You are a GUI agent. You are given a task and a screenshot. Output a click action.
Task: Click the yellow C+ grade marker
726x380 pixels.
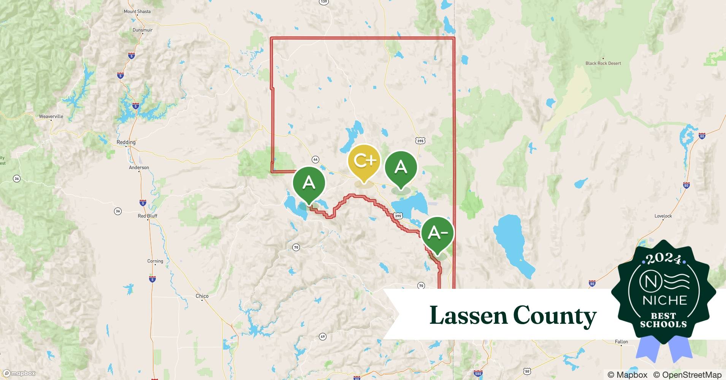coord(364,161)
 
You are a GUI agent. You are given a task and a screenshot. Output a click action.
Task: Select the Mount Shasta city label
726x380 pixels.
coord(137,11)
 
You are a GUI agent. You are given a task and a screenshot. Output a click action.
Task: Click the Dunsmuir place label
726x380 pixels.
coord(143,30)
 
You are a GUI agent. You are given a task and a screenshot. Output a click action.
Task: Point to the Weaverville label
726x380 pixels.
coord(51,116)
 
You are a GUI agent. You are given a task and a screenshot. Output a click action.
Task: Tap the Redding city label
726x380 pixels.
coord(126,142)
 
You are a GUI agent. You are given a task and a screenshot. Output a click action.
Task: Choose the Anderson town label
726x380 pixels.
coord(139,167)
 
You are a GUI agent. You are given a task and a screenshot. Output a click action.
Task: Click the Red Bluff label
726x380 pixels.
coord(147,216)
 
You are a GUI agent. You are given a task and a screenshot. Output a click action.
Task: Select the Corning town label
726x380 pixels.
coord(155,261)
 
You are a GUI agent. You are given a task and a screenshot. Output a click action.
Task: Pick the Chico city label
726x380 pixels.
coord(202,296)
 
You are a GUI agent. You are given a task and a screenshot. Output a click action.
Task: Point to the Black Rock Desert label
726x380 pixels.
coord(603,63)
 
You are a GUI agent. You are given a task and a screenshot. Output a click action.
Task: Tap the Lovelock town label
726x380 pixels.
coord(663,216)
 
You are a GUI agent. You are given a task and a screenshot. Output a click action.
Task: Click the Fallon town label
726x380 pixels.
coord(621,342)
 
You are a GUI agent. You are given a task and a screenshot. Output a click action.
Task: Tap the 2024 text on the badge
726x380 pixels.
coord(663,259)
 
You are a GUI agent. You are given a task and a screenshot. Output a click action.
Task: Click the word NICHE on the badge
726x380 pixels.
coord(664,300)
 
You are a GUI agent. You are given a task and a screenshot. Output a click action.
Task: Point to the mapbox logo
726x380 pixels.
coord(19,373)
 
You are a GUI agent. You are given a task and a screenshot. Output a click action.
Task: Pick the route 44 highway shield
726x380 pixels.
coord(315,159)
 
